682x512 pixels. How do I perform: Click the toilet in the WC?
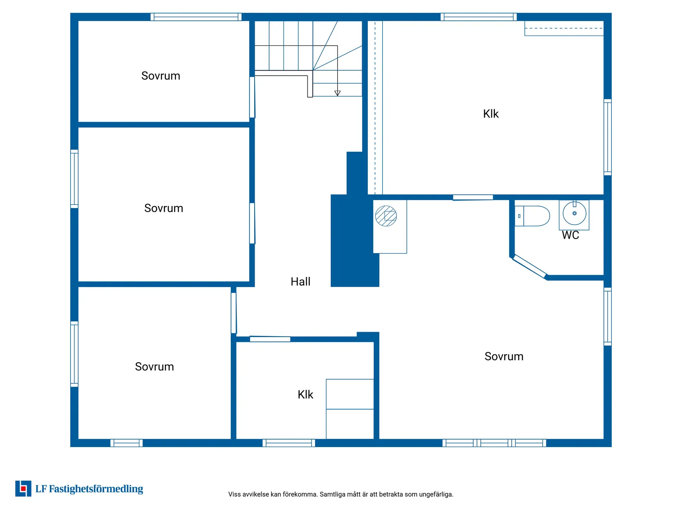[532, 216]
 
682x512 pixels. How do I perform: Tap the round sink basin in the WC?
[575, 213]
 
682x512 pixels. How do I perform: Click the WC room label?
[570, 235]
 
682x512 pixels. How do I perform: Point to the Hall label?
[300, 282]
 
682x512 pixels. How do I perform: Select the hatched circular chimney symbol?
[386, 216]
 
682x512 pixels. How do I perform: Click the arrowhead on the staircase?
[337, 93]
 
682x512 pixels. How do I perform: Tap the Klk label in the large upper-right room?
[491, 114]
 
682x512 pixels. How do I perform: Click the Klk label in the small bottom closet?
[305, 395]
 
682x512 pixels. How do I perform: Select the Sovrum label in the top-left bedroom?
[161, 76]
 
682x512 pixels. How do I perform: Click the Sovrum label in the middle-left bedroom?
[164, 208]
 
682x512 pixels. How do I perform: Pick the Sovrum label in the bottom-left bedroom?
[155, 367]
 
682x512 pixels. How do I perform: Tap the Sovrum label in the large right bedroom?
[504, 356]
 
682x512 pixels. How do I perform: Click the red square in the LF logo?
[23, 489]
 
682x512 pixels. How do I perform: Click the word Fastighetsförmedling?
[96, 489]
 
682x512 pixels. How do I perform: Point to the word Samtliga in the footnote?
[331, 494]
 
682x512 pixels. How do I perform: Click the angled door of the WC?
[530, 266]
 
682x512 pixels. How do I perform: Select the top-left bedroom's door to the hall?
[252, 97]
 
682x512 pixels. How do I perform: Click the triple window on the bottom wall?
[494, 443]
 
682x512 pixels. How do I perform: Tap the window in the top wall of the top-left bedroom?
[196, 17]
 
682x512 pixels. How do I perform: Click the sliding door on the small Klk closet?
[270, 339]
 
